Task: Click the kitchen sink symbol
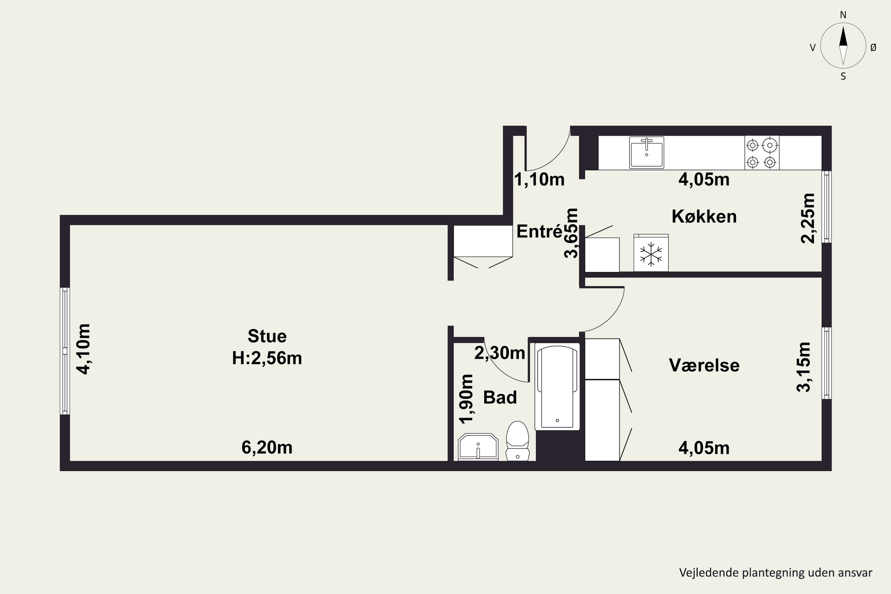[646, 152]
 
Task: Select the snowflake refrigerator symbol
[651, 253]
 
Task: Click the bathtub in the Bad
[557, 386]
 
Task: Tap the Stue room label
[267, 336]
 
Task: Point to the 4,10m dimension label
[84, 349]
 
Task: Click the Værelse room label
[704, 366]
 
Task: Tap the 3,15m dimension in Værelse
[804, 367]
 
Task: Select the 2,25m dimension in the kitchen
[808, 218]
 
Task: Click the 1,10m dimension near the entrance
[539, 180]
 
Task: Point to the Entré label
[539, 231]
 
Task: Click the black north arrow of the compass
[843, 36]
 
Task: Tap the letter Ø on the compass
[873, 47]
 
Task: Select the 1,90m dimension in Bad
[466, 399]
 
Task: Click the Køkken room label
[704, 216]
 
